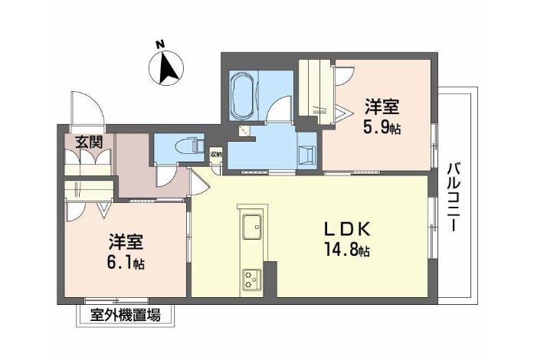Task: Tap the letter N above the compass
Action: click(x=162, y=44)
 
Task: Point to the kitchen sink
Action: click(x=252, y=227)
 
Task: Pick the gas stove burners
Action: click(x=252, y=279)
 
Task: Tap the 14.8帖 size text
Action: click(x=346, y=249)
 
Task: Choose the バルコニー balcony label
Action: click(x=452, y=198)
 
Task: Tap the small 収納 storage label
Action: click(x=216, y=154)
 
